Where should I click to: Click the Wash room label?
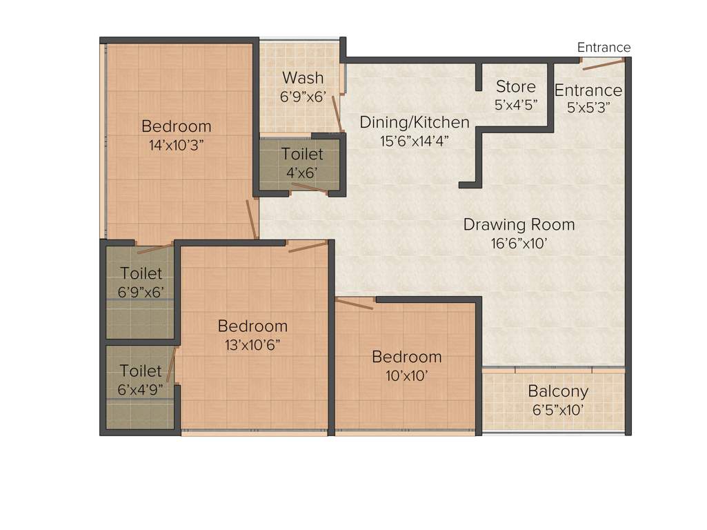[x=302, y=77]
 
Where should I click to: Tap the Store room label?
[x=515, y=87]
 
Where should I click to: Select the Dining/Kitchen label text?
[x=415, y=123]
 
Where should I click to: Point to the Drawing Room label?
[x=519, y=225]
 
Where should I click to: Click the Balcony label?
[x=558, y=391]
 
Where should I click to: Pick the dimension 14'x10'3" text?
[x=176, y=145]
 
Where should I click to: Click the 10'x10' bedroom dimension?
[x=407, y=375]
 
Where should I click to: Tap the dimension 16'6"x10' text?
[x=519, y=244]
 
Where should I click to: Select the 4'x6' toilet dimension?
[x=301, y=173]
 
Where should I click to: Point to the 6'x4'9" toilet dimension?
[x=141, y=389]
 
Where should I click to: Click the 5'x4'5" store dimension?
[x=515, y=106]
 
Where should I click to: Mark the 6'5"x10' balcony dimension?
[x=558, y=410]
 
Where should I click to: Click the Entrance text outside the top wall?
[x=604, y=48]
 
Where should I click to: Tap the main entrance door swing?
[x=603, y=64]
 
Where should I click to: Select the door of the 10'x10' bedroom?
[x=355, y=304]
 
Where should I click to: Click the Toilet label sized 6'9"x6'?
[x=141, y=273]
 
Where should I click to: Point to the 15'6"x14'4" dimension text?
[x=415, y=141]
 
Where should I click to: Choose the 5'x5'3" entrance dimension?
[x=588, y=108]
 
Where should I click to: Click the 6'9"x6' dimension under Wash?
[x=302, y=97]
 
